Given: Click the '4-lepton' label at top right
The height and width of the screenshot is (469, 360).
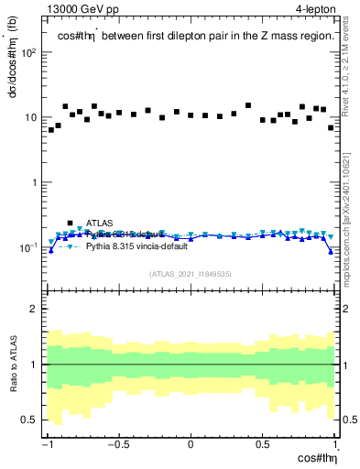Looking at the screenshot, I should (x=317, y=8).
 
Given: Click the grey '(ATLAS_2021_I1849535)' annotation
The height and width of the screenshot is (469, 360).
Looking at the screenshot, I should (x=191, y=274).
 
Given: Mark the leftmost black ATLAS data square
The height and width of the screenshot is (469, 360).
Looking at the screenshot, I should (x=51, y=130).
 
